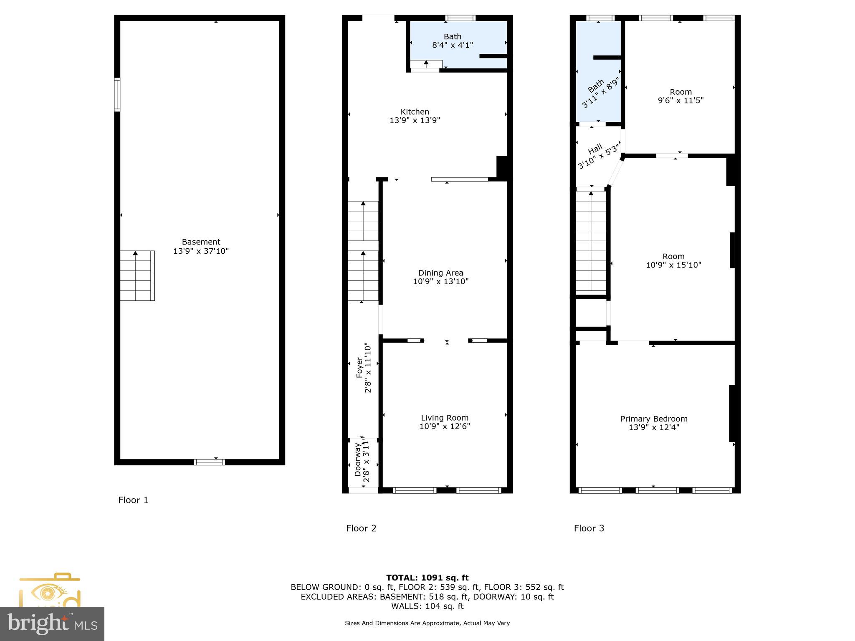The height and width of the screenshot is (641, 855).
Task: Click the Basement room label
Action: (x=201, y=242)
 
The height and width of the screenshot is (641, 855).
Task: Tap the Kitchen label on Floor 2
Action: (x=415, y=112)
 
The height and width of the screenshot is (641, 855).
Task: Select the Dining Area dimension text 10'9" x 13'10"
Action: (x=441, y=282)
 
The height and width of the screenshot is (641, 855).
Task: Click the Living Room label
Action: (x=445, y=418)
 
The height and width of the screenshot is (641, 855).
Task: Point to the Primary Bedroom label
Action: (x=654, y=419)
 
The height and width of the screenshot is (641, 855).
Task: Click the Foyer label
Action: (x=359, y=367)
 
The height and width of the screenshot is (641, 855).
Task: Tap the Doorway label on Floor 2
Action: (x=358, y=459)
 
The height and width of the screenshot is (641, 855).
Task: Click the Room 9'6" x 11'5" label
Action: (x=680, y=92)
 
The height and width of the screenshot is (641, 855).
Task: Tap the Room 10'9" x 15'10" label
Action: (x=673, y=257)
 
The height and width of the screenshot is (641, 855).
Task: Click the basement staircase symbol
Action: (x=137, y=275)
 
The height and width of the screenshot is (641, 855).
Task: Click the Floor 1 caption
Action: (x=133, y=500)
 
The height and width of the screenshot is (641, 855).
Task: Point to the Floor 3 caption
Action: (x=589, y=528)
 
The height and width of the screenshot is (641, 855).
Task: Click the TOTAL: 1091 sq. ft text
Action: (x=427, y=578)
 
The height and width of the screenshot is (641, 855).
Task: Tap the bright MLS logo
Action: (x=52, y=623)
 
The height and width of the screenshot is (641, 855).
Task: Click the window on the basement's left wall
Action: (x=117, y=95)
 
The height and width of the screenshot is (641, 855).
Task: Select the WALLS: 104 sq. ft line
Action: (x=427, y=606)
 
